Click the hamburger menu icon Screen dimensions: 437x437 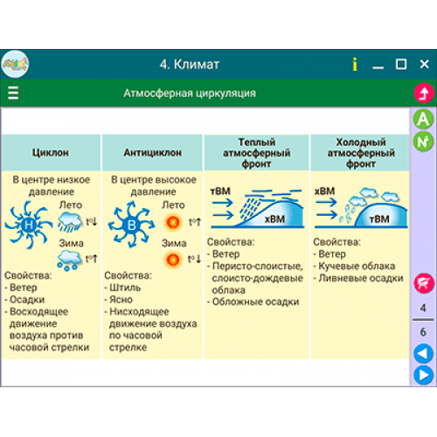pyautogui.click(x=13, y=93)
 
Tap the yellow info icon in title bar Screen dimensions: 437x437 pyautogui.click(x=355, y=64)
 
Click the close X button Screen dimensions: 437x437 pyautogui.click(x=424, y=64)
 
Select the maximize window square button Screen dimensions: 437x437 pyautogui.click(x=401, y=64)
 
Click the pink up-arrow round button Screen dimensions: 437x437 pyautogui.click(x=424, y=93)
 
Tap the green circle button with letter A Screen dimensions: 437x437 pyautogui.click(x=423, y=119)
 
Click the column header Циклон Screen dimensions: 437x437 pyautogui.click(x=51, y=152)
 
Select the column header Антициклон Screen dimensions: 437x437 pyautogui.click(x=152, y=152)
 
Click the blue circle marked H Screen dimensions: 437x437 pyautogui.click(x=29, y=225)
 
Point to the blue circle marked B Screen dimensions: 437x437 pyautogui.click(x=131, y=225)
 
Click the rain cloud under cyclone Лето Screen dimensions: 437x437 pyautogui.click(x=70, y=222)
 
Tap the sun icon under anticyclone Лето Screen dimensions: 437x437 pyautogui.click(x=173, y=222)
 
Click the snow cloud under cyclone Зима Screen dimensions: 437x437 pyautogui.click(x=69, y=260)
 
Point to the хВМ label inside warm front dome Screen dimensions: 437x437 pyautogui.click(x=274, y=218)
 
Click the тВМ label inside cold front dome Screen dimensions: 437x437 pyautogui.click(x=379, y=218)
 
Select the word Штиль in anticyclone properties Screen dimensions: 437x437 pyautogui.click(x=125, y=288)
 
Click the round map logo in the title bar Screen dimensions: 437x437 pyautogui.click(x=15, y=64)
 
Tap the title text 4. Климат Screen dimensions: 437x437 pyautogui.click(x=190, y=64)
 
